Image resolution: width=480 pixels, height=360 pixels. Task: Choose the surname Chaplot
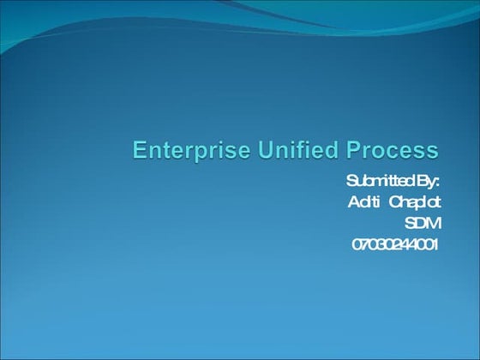(414, 202)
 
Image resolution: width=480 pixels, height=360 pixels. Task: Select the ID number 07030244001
(395, 244)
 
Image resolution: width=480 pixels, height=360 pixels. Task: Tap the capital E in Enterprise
(139, 151)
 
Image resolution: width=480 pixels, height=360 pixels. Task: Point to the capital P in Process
(350, 151)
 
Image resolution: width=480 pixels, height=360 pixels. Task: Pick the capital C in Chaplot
(396, 202)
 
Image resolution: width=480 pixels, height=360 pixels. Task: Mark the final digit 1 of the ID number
(435, 244)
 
